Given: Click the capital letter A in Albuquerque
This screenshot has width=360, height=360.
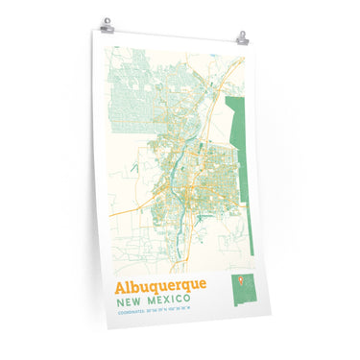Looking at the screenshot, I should pyautogui.click(x=122, y=286).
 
